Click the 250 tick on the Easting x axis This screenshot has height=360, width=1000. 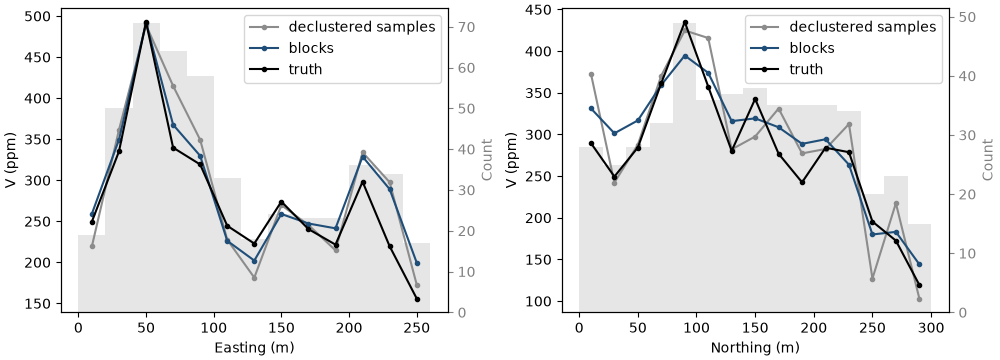pos(417,327)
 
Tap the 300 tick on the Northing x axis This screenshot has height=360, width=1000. pos(931,327)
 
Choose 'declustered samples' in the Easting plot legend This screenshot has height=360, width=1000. pos(362,27)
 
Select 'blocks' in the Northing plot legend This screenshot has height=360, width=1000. pos(812,48)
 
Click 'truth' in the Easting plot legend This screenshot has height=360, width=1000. pos(305,69)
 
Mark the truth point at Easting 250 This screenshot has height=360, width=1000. pos(417,299)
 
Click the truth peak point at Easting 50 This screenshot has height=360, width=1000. pos(146,22)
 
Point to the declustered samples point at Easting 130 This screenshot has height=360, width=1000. pos(254,278)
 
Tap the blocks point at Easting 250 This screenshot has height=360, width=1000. pos(417,264)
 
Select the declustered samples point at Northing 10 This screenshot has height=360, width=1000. pos(591,75)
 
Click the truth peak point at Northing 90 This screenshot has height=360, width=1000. pos(685,22)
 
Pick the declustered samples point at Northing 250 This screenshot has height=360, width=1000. pos(872,279)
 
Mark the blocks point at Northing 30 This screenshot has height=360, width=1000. pos(615,133)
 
